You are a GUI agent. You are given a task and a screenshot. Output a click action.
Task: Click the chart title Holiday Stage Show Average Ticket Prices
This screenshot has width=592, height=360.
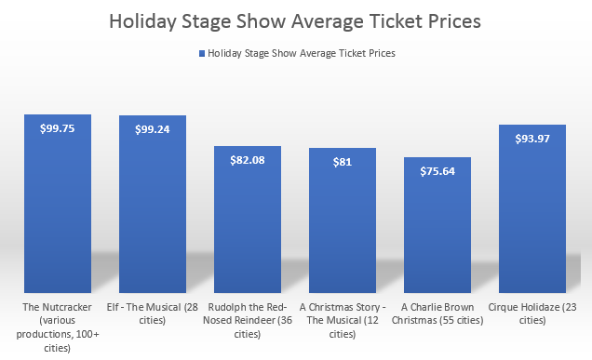pyautogui.click(x=295, y=20)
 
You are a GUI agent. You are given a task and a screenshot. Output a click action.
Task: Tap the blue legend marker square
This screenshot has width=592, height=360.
pyautogui.click(x=200, y=54)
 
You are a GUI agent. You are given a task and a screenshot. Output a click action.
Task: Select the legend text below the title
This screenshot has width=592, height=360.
pyautogui.click(x=302, y=54)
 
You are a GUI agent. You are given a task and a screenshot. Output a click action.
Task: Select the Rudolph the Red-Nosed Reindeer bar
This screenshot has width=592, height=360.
pyautogui.click(x=248, y=223)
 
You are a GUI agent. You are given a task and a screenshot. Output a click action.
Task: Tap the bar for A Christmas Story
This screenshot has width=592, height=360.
pyautogui.click(x=343, y=223)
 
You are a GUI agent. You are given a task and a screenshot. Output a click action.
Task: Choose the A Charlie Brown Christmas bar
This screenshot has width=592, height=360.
pyautogui.click(x=437, y=228)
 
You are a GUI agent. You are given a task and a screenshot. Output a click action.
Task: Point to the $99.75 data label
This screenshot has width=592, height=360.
pyautogui.click(x=58, y=130)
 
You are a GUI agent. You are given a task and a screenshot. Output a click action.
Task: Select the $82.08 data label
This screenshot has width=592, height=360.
pyautogui.click(x=248, y=160)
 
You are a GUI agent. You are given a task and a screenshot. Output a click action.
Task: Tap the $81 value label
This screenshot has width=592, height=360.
pyautogui.click(x=343, y=162)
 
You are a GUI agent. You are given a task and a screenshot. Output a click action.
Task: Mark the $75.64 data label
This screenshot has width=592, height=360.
pyautogui.click(x=437, y=171)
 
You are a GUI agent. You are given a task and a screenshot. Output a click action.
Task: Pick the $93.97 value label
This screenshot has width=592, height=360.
pyautogui.click(x=532, y=140)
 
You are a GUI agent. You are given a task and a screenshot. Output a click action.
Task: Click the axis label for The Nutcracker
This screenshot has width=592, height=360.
pyautogui.click(x=58, y=326)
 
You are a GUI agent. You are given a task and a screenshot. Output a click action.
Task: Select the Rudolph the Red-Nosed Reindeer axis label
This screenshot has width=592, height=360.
pyautogui.click(x=248, y=320)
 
